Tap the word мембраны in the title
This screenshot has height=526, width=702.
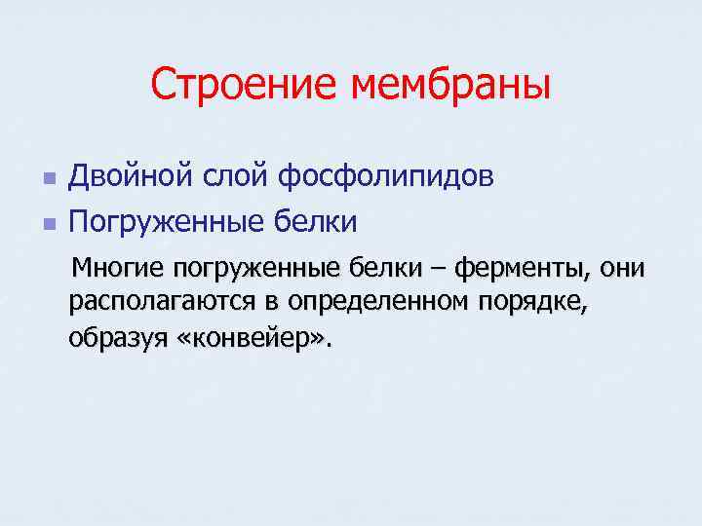(451, 85)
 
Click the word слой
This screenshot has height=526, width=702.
(235, 177)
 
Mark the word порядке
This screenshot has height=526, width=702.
(532, 303)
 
